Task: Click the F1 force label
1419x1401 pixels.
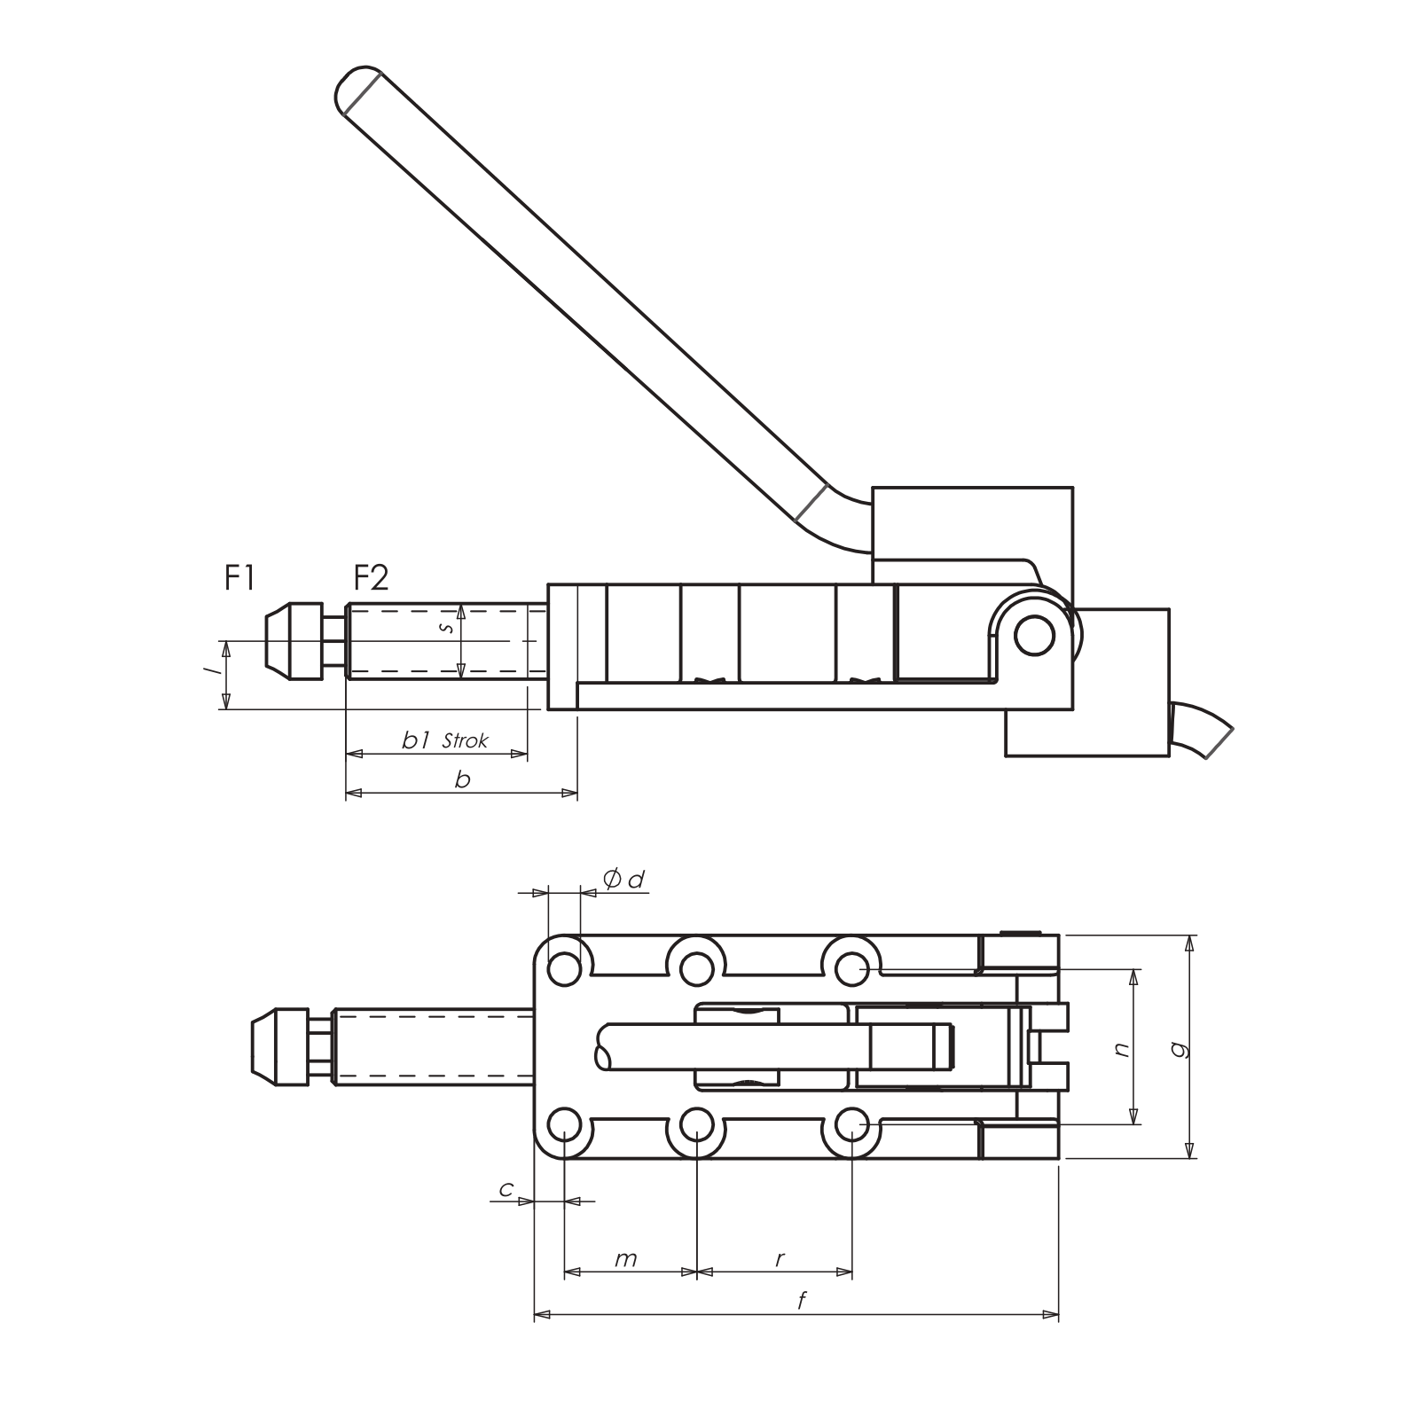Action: point(239,580)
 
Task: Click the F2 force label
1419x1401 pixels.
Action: point(371,580)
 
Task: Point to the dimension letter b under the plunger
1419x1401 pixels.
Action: point(462,780)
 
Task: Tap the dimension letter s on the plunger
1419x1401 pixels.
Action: point(448,627)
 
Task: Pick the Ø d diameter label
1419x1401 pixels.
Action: point(623,880)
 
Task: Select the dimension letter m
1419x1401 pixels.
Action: point(626,1259)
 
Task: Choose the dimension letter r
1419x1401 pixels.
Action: point(780,1259)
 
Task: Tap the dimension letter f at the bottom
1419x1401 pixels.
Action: point(801,1301)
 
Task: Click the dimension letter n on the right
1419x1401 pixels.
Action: point(1123,1049)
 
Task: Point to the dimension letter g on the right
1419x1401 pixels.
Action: point(1180,1049)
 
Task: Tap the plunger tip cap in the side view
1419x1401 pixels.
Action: point(293,639)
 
